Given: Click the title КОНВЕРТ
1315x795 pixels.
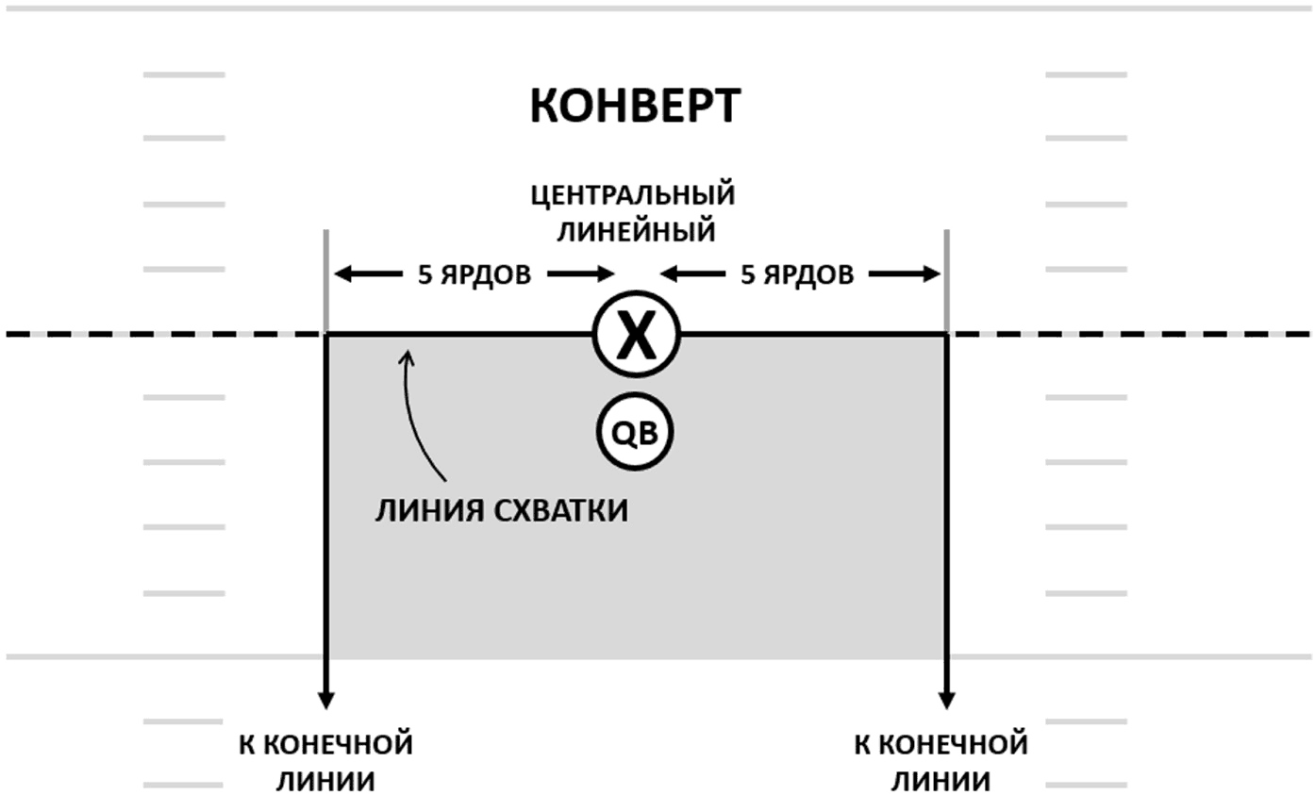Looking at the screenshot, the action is [x=635, y=107].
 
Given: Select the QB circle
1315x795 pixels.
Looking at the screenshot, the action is [x=635, y=433].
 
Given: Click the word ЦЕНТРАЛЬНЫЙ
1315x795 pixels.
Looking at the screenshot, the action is [x=633, y=195].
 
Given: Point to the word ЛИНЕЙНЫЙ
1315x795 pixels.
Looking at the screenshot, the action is [x=637, y=231].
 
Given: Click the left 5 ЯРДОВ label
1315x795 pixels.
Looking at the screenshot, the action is [x=474, y=274].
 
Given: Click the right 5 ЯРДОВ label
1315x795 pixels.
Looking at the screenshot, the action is [x=797, y=274].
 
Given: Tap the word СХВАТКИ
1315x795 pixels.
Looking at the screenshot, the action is [x=561, y=510].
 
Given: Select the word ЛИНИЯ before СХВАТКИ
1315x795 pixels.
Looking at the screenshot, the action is [x=430, y=510].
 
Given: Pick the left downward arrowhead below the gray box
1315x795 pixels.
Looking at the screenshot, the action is [x=326, y=701].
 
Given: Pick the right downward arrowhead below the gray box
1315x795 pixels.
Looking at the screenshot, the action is [x=946, y=701].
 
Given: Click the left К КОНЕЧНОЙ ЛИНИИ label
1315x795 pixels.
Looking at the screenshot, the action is [x=325, y=763].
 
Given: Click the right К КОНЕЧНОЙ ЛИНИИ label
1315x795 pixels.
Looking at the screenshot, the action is [x=941, y=763].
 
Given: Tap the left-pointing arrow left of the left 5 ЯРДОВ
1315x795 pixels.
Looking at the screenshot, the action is [x=369, y=274].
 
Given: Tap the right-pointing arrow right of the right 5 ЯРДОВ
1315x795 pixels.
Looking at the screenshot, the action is [x=905, y=274].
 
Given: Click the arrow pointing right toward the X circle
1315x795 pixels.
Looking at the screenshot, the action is [x=580, y=274].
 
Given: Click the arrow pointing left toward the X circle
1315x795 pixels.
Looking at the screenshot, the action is [x=692, y=274].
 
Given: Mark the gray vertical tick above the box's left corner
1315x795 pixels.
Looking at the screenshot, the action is [x=326, y=281].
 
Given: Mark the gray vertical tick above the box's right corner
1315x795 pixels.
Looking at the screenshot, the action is [x=946, y=281].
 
